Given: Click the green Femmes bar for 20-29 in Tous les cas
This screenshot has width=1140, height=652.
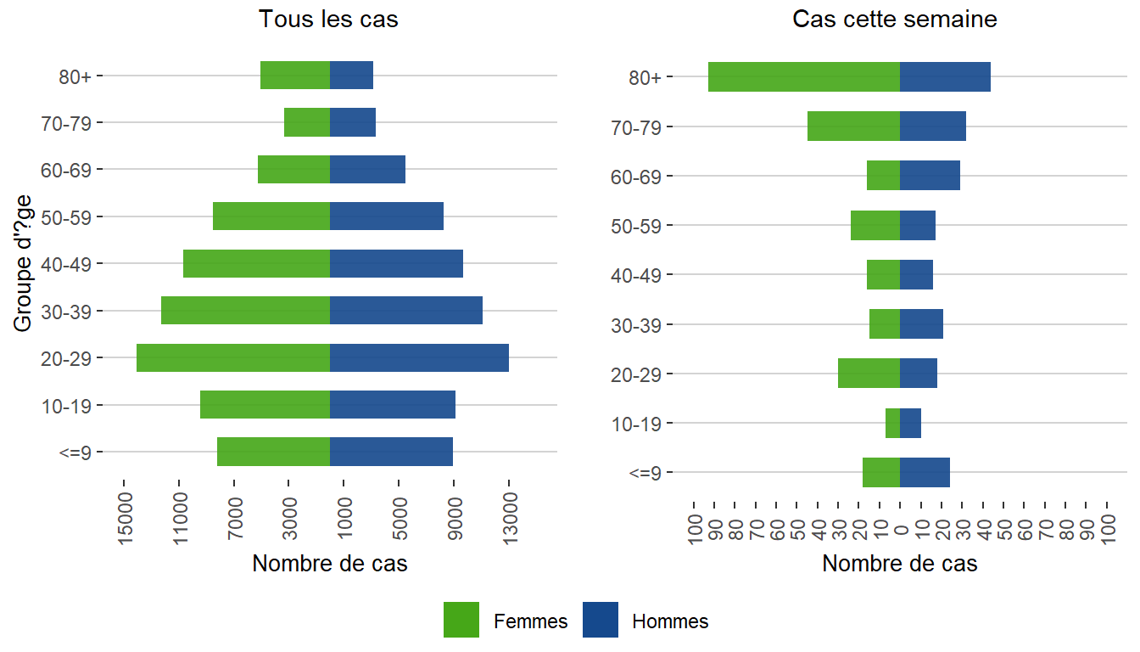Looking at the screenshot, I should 232,357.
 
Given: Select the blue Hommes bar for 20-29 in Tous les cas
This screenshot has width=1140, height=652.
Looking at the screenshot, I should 419,357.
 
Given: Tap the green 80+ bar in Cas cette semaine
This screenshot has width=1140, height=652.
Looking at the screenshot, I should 803,76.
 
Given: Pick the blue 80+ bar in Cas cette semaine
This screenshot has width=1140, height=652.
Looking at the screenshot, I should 945,76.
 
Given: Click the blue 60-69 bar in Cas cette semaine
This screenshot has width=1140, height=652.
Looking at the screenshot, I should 930,176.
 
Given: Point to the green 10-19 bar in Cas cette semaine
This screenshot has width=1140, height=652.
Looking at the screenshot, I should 892,423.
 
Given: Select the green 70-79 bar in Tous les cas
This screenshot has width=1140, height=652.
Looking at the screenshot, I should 307,122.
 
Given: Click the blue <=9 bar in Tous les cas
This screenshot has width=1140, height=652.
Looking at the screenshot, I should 391,452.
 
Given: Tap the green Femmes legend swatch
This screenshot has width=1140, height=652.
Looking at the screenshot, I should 461,620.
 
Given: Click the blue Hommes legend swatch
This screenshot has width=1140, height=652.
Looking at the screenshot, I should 601,620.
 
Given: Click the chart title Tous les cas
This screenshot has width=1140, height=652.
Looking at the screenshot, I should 328,19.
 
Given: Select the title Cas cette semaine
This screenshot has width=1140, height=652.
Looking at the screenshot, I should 895,19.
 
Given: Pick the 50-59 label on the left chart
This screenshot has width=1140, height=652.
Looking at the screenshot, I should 71,216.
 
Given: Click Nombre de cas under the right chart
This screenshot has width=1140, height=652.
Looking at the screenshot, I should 900,564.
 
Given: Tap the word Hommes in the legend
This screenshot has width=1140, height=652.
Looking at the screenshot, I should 670,621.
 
